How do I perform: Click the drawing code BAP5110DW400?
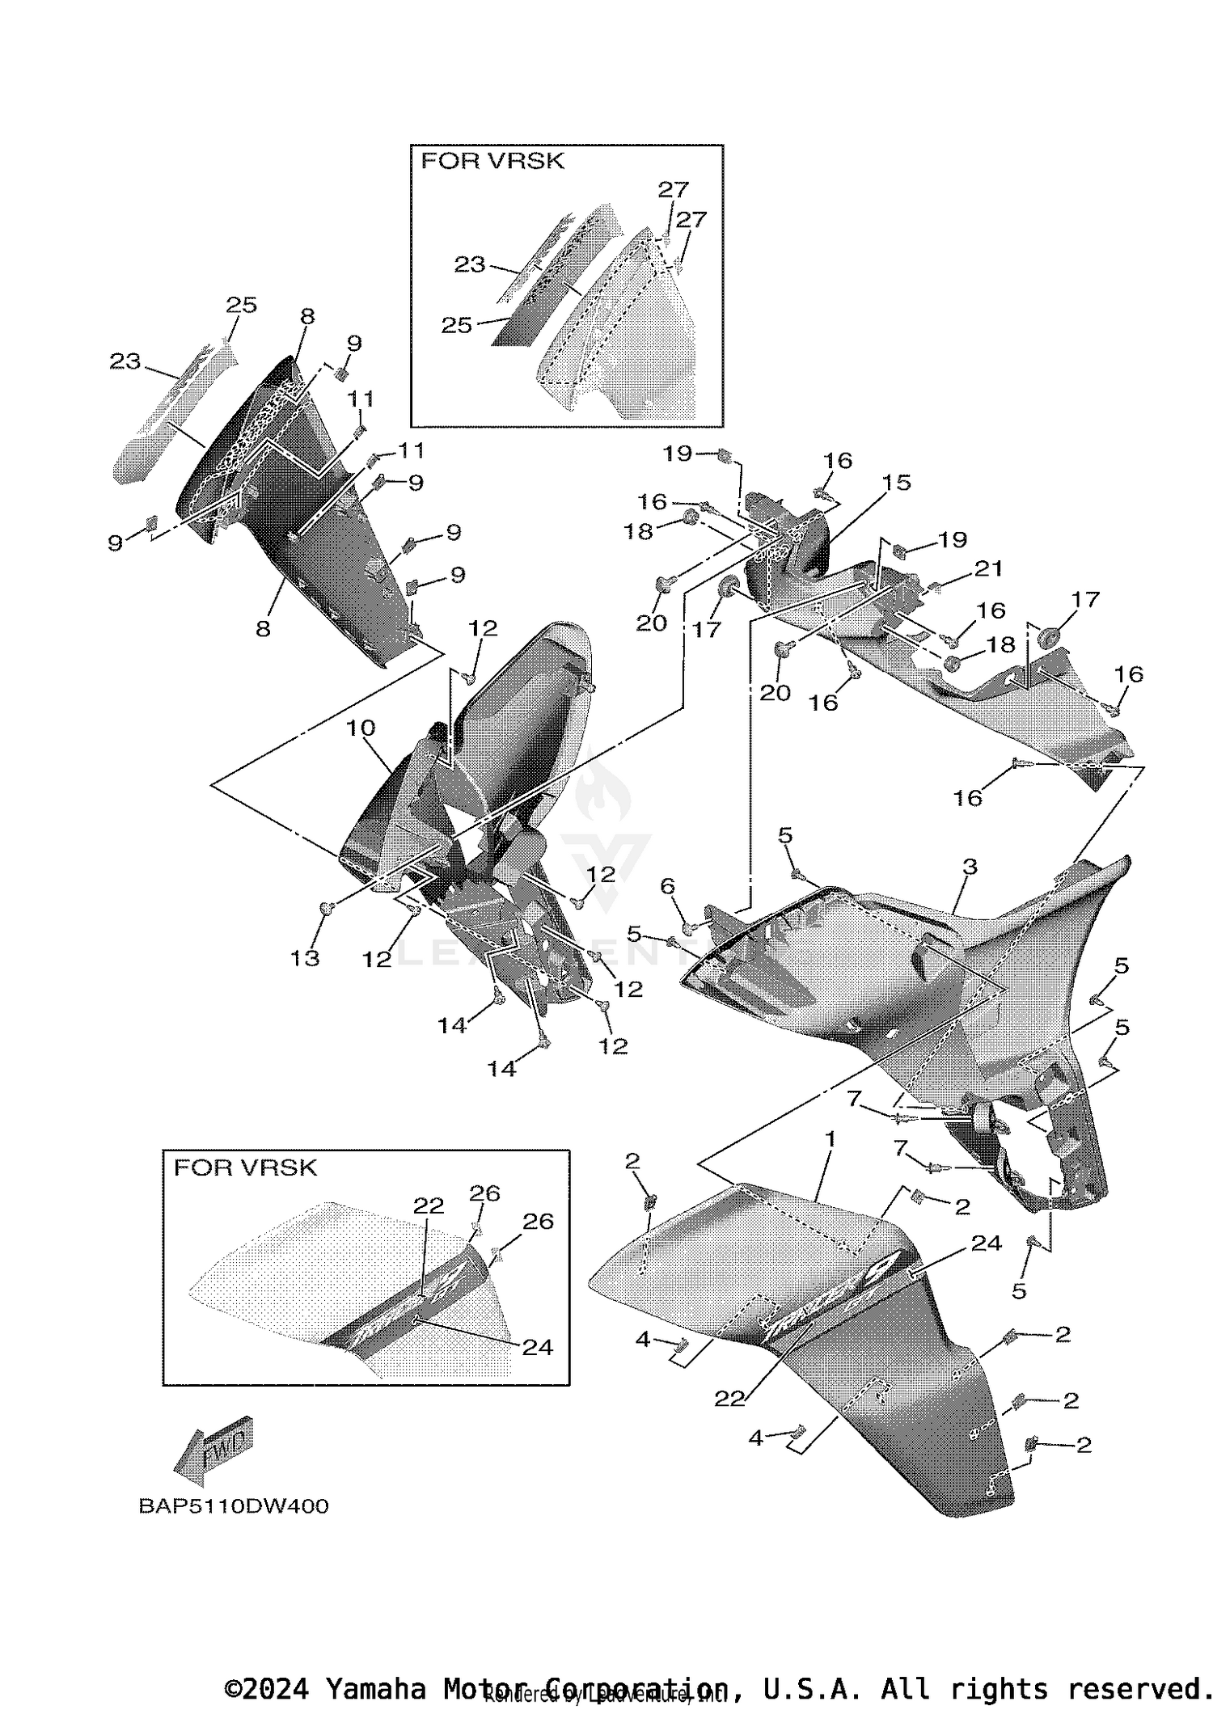[x=234, y=1506]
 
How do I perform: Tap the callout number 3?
[x=970, y=867]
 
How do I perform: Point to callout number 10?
[x=361, y=728]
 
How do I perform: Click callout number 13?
[x=305, y=958]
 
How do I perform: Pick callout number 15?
[x=896, y=482]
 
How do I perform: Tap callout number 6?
[x=667, y=887]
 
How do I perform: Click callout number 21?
[x=987, y=568]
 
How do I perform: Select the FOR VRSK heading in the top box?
[x=492, y=161]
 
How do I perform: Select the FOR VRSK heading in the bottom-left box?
[x=245, y=1167]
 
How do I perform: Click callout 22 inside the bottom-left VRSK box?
[x=429, y=1205]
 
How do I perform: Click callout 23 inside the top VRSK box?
[x=469, y=264]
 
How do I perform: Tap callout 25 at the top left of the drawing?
[x=241, y=305]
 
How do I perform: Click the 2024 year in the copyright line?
[x=276, y=1689]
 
